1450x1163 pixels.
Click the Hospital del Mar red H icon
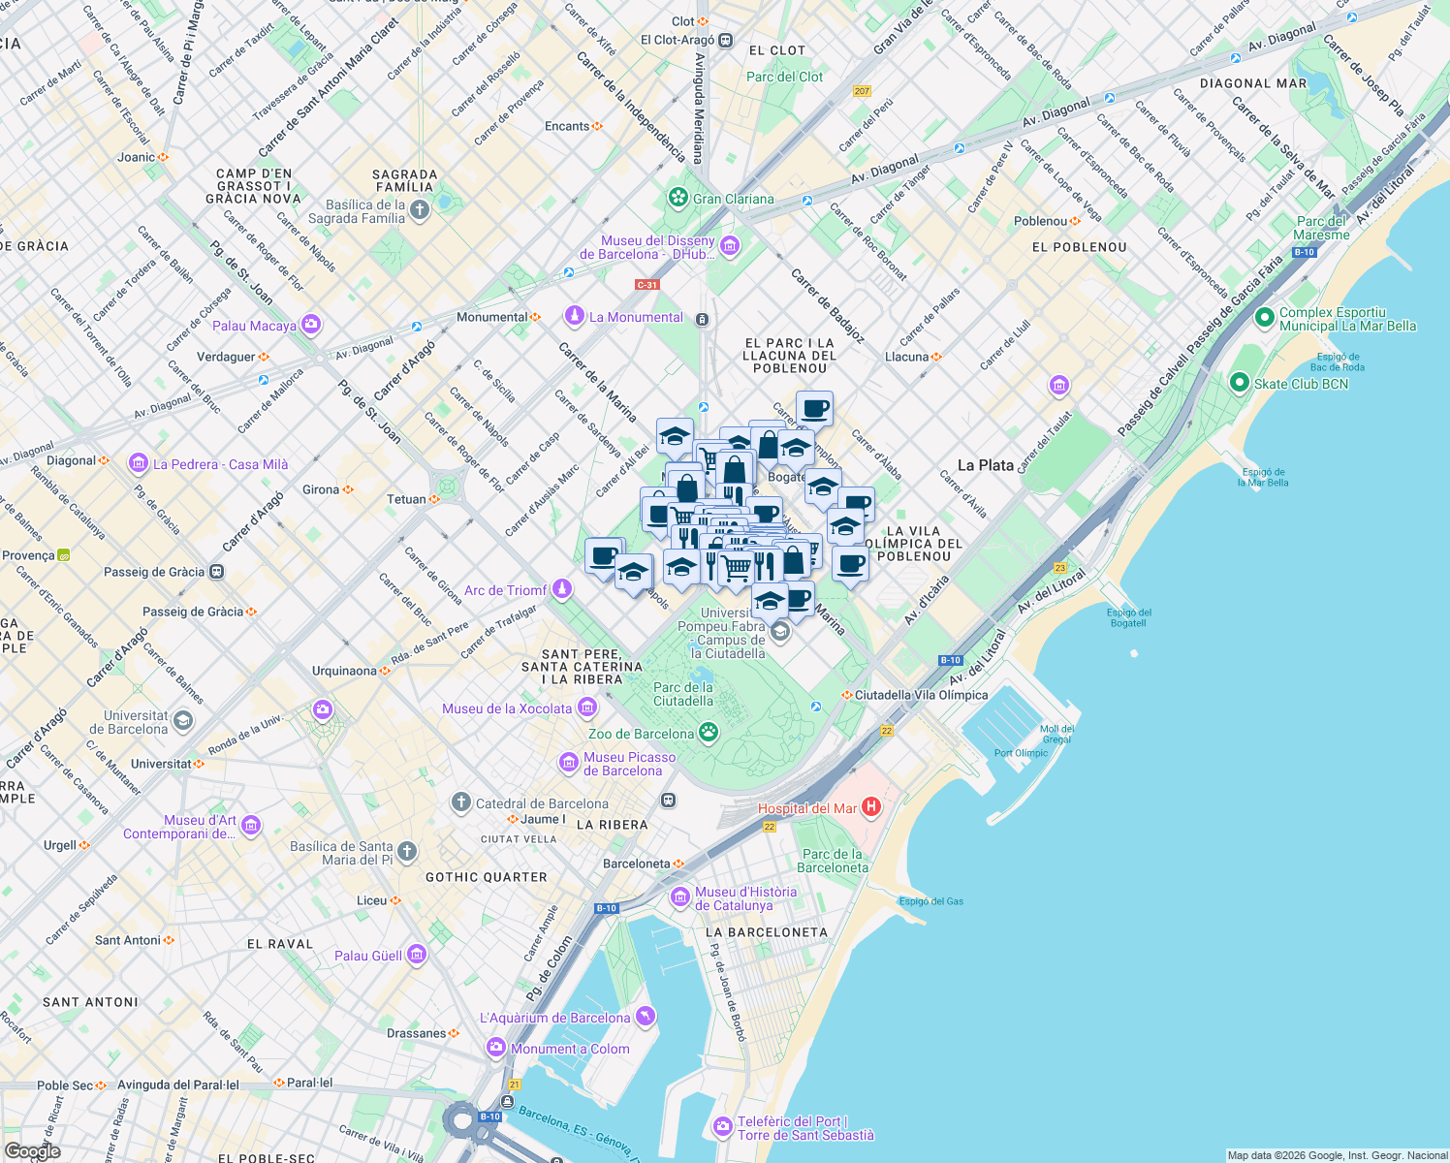tap(870, 806)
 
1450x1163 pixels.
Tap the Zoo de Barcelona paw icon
tap(709, 733)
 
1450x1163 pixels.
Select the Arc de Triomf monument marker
tap(561, 589)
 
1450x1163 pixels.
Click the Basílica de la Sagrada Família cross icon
tap(419, 210)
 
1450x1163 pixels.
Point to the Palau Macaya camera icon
tap(311, 325)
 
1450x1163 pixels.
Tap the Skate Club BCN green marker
tap(1239, 383)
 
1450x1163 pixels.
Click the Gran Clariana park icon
tap(678, 199)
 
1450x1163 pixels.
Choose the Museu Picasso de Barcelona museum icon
tap(569, 763)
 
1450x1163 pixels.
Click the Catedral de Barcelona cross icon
tap(461, 802)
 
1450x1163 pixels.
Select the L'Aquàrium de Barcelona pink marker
tap(646, 1017)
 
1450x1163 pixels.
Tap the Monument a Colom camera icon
tap(496, 1048)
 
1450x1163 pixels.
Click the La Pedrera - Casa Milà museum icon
tap(138, 463)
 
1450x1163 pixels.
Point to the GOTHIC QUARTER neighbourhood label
tap(487, 877)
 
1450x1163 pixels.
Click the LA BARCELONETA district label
tap(767, 932)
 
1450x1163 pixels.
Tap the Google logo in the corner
tap(32, 1150)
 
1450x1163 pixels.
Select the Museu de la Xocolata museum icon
tap(586, 707)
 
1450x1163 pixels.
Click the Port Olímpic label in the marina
tap(1021, 753)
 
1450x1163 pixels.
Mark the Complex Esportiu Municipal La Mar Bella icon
tap(1264, 318)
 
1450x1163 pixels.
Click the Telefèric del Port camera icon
tap(722, 1127)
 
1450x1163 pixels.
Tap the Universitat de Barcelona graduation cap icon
tap(183, 721)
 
